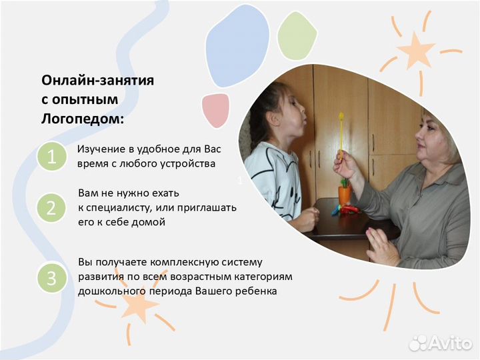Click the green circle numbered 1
(51, 158)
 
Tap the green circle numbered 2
(51, 209)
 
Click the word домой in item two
(147, 222)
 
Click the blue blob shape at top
(237, 43)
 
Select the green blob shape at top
(297, 35)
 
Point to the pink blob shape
(216, 109)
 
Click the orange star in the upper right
(416, 50)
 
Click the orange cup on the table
(345, 194)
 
